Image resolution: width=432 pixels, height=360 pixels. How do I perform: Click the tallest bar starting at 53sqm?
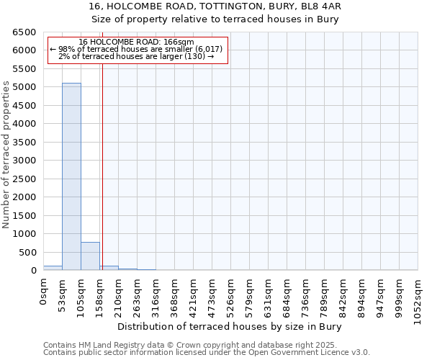tap(71, 176)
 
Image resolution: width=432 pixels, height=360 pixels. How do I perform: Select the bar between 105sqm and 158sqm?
tap(90, 256)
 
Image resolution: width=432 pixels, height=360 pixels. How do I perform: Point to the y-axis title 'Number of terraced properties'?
tap(6, 155)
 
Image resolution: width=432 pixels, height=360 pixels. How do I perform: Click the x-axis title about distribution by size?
tap(229, 326)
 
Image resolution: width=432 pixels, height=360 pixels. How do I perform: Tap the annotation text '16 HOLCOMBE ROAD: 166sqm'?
tap(136, 42)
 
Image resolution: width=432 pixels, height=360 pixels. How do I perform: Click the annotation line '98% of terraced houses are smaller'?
tap(136, 49)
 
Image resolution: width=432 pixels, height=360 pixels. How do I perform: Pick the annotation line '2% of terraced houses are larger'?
tap(136, 56)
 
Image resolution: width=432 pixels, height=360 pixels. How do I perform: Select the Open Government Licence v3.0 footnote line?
tap(206, 353)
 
